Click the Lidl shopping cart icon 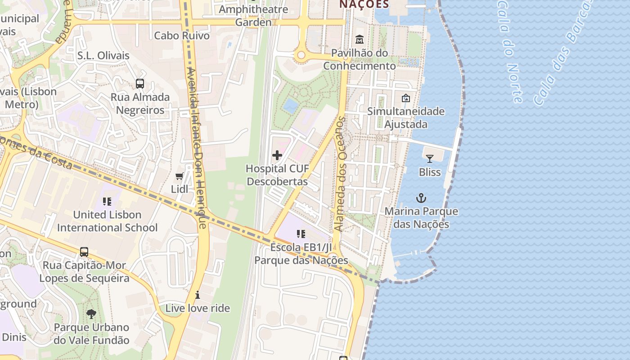pos(180,176)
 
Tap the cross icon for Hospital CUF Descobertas pos(277,156)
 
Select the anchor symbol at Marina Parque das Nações pos(421,198)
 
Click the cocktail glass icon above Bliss pos(430,158)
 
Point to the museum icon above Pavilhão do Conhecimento pos(360,40)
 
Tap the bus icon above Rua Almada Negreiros pos(140,83)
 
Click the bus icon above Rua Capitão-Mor pos(84,252)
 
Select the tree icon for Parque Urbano pos(91,314)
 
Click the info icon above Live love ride pos(198,295)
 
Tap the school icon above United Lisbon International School pos(107,201)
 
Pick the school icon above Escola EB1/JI pos(301,234)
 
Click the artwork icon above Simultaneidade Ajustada pos(406,98)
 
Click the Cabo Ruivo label pos(182,36)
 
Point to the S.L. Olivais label pos(103,56)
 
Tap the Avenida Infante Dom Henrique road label pos(197,148)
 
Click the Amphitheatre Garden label pos(254,16)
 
